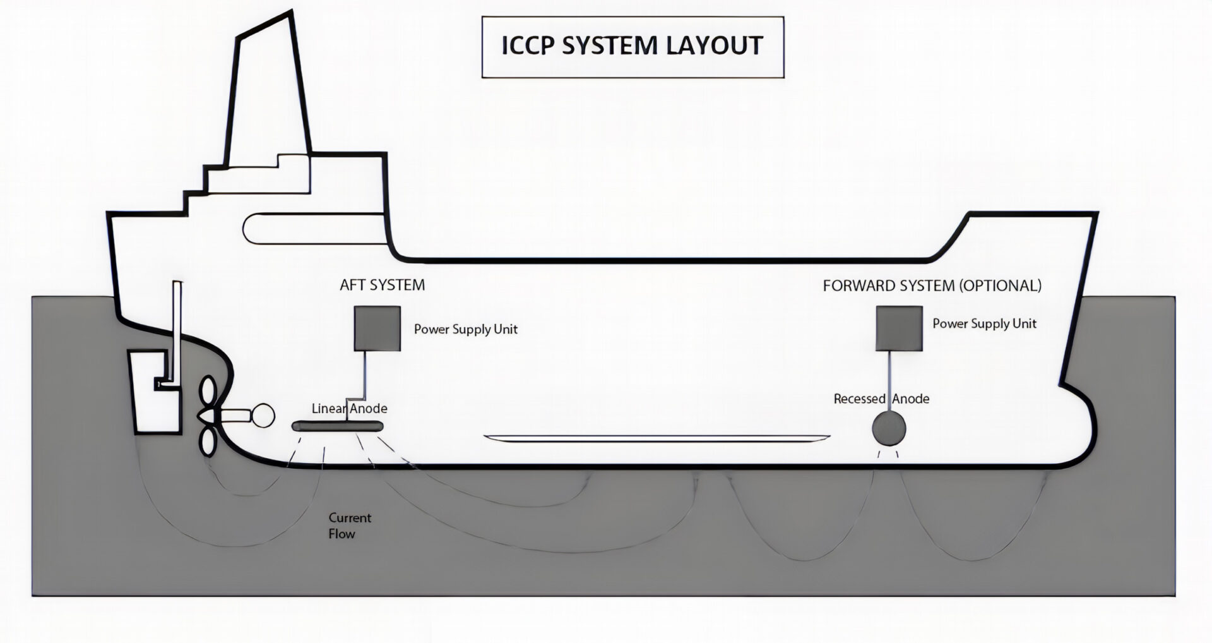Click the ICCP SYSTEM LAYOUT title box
(633, 47)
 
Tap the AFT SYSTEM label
(382, 285)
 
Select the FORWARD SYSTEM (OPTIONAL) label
(932, 285)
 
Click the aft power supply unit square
(377, 328)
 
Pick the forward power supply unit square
(899, 328)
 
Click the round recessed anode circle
(889, 429)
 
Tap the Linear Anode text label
(349, 409)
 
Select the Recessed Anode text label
(881, 399)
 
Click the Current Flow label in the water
(349, 526)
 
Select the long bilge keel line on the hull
(656, 437)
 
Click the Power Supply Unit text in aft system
(465, 329)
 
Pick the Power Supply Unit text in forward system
(984, 324)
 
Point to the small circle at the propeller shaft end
(263, 416)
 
